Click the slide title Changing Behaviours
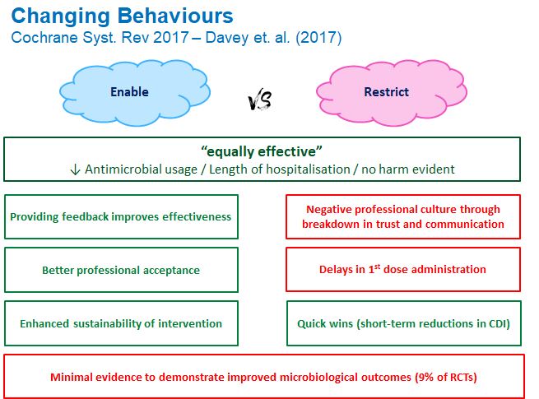click(123, 16)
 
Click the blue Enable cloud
click(129, 91)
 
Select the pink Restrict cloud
click(386, 91)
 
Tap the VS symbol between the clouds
click(260, 101)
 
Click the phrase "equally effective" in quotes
click(261, 151)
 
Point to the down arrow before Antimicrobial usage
click(75, 169)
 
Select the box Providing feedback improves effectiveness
click(121, 217)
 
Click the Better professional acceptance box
click(121, 270)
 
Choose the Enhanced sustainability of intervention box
click(121, 323)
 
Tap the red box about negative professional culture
click(402, 217)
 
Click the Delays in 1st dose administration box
click(402, 270)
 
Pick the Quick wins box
click(402, 323)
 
